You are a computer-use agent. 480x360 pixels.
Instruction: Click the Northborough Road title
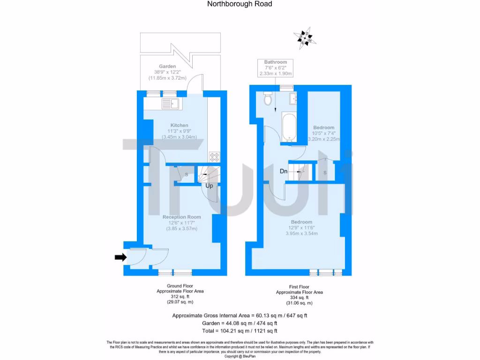click(x=240, y=4)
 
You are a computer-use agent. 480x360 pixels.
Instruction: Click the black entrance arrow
click(x=120, y=257)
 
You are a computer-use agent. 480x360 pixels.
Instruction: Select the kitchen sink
click(x=172, y=104)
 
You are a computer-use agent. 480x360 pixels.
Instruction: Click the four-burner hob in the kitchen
click(x=214, y=156)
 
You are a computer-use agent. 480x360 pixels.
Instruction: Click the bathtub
click(x=288, y=126)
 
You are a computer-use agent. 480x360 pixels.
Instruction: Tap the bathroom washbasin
click(x=295, y=98)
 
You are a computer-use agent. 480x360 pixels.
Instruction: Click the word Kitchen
click(x=179, y=125)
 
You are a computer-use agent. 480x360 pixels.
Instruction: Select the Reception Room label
click(x=181, y=217)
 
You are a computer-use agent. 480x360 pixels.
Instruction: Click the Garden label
click(x=167, y=67)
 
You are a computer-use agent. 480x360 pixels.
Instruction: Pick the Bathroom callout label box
click(x=275, y=68)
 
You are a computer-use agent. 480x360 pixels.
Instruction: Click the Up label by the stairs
click(x=210, y=186)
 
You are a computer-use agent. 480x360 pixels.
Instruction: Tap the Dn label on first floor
click(x=284, y=172)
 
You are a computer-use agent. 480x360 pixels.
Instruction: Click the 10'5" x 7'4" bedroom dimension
click(x=324, y=133)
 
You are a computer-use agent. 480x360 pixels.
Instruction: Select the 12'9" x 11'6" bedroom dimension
click(x=301, y=228)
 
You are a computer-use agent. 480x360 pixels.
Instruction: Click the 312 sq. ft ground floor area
click(x=180, y=297)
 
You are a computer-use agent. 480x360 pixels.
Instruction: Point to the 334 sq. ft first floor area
click(x=299, y=298)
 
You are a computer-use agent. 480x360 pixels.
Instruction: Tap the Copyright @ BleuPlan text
click(x=240, y=356)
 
